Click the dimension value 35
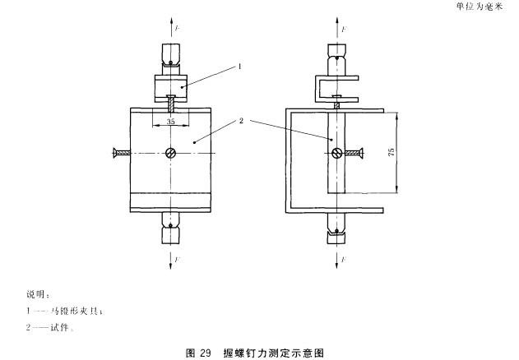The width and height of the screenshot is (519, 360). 171,121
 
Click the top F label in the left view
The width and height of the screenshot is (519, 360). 178,29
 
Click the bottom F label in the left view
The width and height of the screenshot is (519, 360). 178,258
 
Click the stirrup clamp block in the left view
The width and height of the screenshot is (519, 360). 171,84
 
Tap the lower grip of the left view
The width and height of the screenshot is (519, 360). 171,229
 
